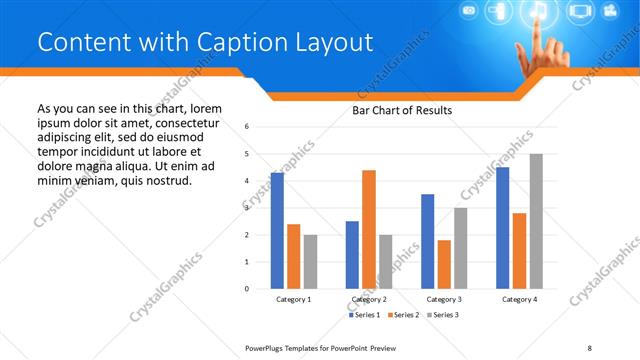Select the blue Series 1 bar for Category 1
click(277, 230)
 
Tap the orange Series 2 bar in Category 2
click(369, 229)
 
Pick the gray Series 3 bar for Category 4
click(536, 221)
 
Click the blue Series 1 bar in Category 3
click(428, 241)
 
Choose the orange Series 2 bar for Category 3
click(444, 264)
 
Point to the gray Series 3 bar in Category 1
click(311, 261)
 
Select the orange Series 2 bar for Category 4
click(519, 250)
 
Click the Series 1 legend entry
click(364, 315)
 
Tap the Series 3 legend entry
click(444, 315)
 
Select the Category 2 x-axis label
click(369, 299)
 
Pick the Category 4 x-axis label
click(519, 299)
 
